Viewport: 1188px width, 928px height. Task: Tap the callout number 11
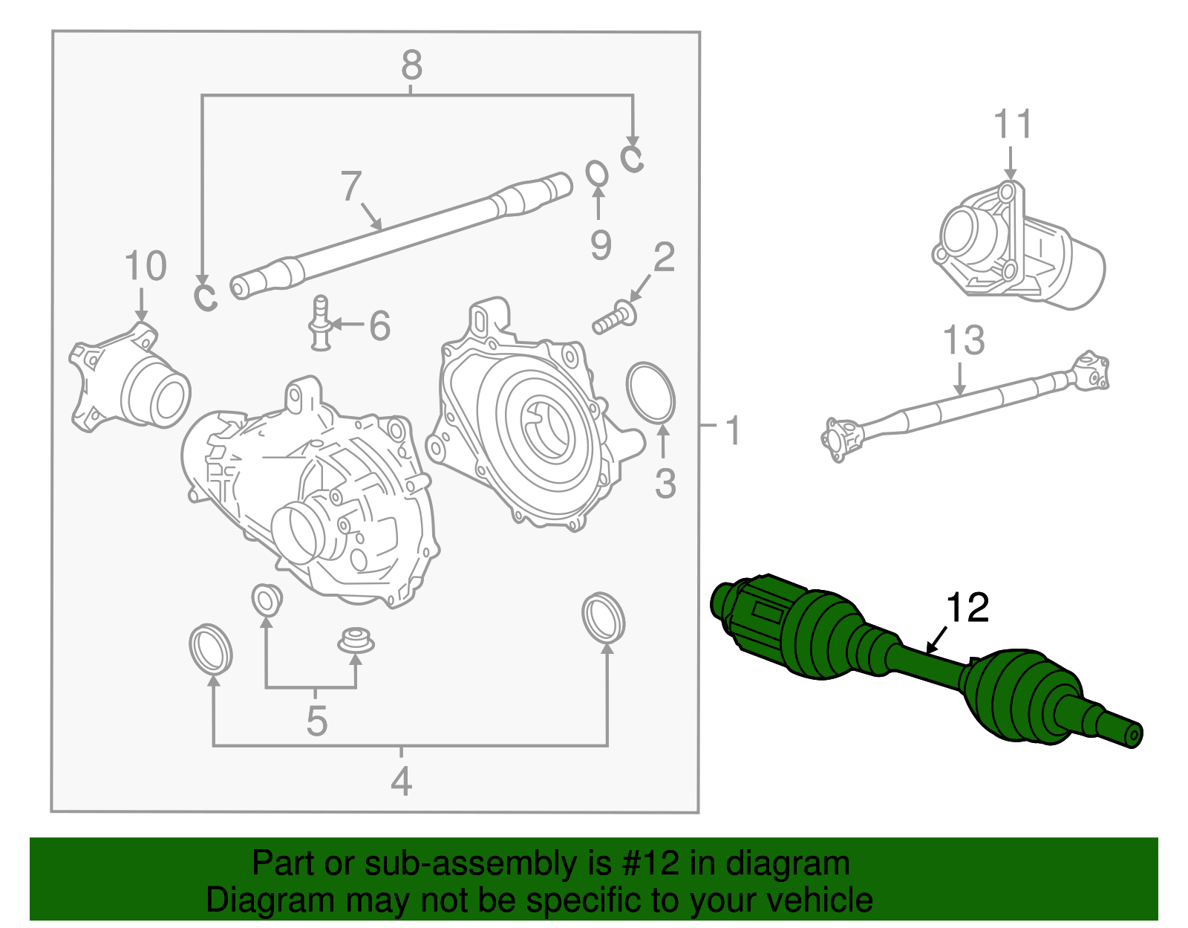pos(1013,124)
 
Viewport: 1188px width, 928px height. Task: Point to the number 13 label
pos(963,341)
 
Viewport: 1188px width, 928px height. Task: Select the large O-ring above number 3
pos(651,392)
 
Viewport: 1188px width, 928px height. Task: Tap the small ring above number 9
pos(597,175)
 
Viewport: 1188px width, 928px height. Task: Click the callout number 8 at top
pos(411,65)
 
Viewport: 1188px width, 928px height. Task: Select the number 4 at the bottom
pos(401,781)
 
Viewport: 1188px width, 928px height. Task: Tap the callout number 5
pos(316,721)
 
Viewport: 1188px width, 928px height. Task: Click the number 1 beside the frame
pos(732,431)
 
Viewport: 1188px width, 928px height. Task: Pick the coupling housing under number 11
pos(1017,249)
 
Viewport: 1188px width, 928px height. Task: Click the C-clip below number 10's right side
pos(205,296)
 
